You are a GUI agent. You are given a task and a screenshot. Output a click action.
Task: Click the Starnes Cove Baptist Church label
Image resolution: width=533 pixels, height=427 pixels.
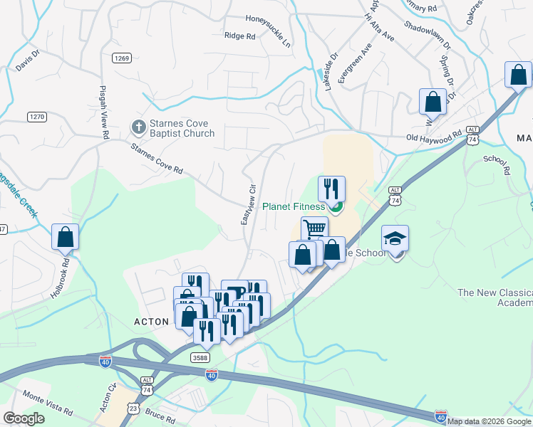tap(182, 128)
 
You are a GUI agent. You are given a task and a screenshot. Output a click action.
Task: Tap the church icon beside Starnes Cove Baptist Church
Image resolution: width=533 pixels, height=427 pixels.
tap(138, 128)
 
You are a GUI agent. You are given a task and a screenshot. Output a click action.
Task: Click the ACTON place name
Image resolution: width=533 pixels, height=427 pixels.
tap(152, 322)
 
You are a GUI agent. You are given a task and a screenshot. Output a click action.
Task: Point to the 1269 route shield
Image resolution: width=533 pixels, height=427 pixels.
tap(120, 58)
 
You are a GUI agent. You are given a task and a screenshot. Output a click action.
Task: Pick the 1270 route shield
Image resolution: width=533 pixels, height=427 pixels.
tap(36, 116)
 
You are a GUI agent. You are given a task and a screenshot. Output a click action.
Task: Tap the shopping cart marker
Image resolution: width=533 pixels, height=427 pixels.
tap(314, 229)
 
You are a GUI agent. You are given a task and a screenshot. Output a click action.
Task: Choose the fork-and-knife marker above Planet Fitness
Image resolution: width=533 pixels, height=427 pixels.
tap(331, 189)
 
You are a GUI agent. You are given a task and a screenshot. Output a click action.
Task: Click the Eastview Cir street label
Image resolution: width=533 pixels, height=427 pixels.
tap(247, 206)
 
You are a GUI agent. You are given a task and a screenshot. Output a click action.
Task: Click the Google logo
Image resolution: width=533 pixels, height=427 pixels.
tap(24, 418)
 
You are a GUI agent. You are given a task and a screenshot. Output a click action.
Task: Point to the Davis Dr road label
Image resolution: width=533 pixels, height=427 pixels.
tap(28, 64)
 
